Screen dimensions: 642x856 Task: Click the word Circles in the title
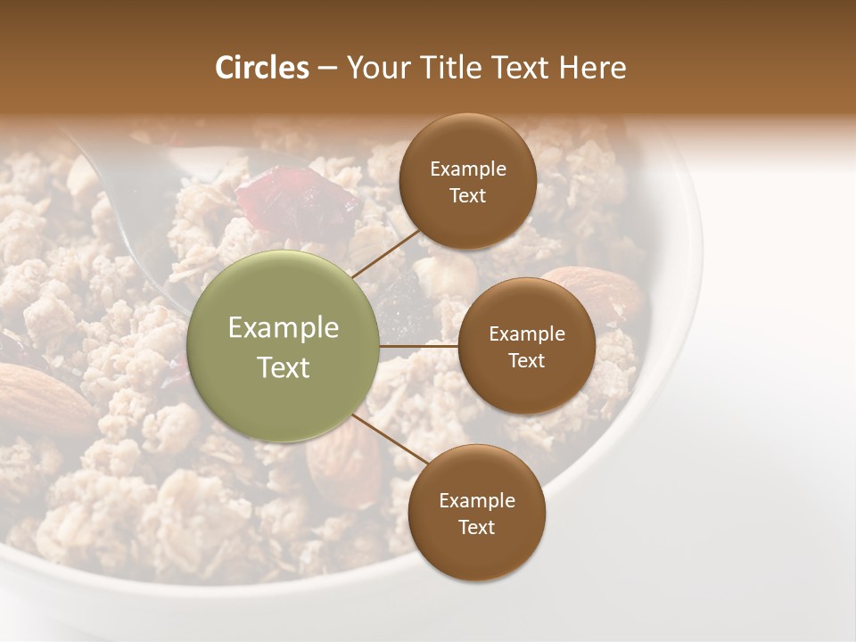pos(262,68)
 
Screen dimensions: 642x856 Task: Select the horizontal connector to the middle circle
pos(419,345)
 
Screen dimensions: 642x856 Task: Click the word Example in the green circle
pos(284,328)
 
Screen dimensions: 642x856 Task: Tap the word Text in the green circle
pos(284,367)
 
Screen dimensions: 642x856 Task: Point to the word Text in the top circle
pos(467,195)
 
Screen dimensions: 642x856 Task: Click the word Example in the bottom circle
pos(476,500)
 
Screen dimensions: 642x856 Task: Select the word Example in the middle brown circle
pos(526,333)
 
